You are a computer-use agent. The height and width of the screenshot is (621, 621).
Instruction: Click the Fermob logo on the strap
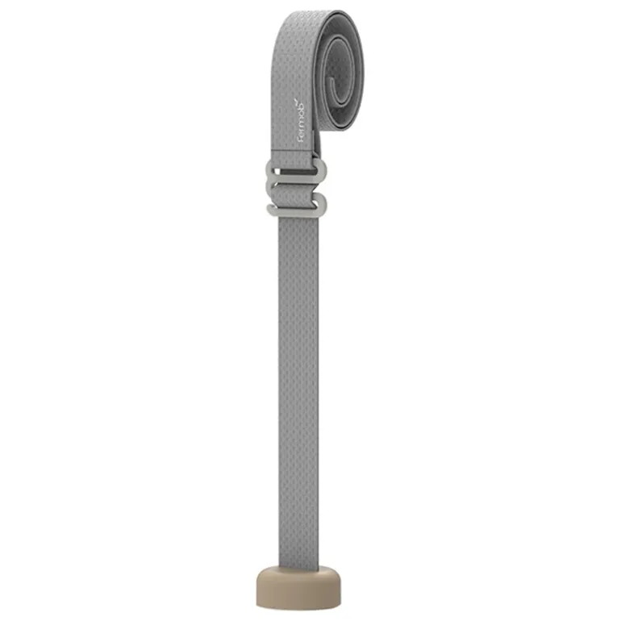[x=301, y=121]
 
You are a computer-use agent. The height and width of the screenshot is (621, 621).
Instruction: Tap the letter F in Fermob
[x=301, y=140]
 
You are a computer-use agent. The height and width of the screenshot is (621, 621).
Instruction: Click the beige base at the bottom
[x=298, y=588]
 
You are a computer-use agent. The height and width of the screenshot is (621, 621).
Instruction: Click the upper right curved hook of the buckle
[x=323, y=171]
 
